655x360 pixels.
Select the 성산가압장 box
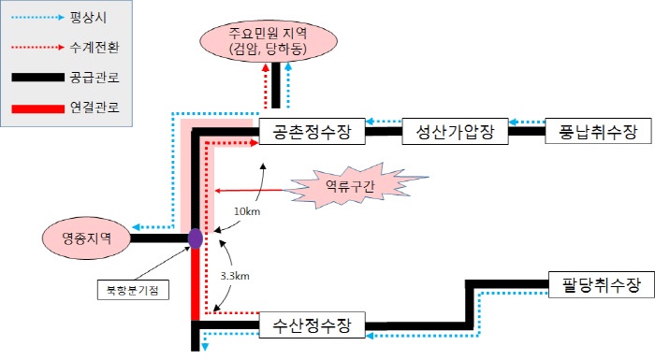454,132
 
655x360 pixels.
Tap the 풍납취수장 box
598,132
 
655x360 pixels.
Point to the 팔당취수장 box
596,284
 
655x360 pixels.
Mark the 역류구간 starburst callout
349,186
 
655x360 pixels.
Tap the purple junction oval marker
195,238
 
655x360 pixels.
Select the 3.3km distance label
235,277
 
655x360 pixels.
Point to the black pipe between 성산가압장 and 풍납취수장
527,133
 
